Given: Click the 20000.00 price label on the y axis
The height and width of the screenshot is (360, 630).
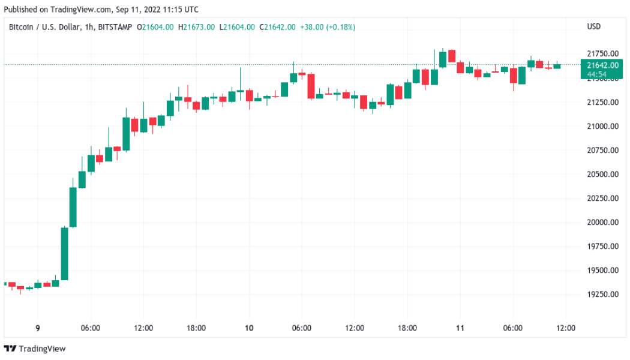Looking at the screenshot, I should coord(601,223).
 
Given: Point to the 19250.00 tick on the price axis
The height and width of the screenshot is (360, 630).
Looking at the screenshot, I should coord(601,295).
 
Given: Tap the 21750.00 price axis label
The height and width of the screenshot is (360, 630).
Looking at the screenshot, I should coord(601,54).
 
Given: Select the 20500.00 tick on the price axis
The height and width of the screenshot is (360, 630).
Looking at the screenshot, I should coord(601,175).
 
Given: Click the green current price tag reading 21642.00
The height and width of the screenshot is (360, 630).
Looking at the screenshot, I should coord(601,65).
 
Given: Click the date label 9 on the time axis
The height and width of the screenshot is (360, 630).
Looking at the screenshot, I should coord(38,328).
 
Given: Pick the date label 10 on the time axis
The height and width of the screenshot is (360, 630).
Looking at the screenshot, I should coord(249,328).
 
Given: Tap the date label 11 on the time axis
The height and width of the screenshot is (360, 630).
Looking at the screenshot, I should coord(460,328).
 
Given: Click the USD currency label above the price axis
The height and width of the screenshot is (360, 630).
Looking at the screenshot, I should coord(593,27).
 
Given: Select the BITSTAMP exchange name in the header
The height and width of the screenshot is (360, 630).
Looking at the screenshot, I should coord(114,27).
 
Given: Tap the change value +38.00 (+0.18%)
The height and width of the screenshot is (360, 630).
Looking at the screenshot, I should coord(328,27).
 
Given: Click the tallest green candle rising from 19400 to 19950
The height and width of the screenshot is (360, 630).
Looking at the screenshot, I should coord(64,254).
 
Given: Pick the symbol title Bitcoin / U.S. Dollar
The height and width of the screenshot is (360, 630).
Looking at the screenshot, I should coord(41,27).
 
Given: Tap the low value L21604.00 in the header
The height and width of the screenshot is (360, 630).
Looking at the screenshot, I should coord(238,27).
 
